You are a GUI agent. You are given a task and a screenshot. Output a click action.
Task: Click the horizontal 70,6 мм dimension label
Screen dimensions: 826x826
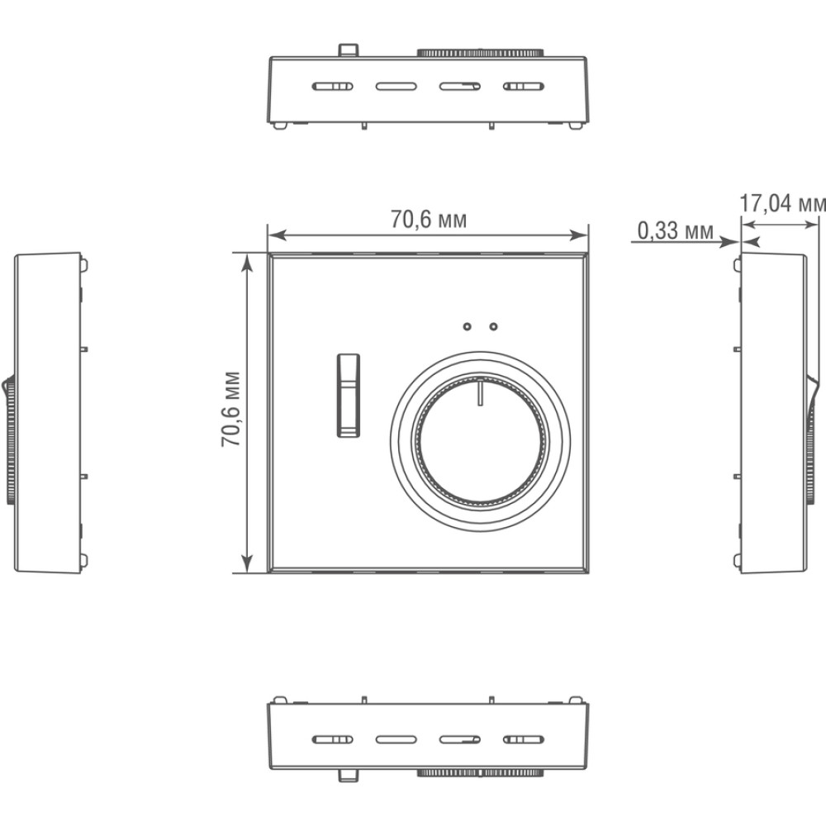[x=428, y=219]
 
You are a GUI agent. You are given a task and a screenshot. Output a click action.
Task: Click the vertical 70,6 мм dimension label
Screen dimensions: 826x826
[x=230, y=410]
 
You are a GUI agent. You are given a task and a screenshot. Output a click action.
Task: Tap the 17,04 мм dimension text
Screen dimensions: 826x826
[x=782, y=203]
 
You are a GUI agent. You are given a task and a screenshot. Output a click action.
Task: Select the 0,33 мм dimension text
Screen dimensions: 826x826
[x=676, y=230]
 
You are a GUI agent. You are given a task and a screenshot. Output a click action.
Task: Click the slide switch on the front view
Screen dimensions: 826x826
[x=349, y=395]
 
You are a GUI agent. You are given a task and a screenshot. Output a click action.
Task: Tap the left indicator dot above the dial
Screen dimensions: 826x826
[x=467, y=326]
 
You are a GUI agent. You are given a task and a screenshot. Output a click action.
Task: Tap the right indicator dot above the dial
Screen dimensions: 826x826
[x=494, y=326]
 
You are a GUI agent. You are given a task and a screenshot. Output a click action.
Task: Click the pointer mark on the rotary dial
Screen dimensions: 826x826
[x=480, y=393]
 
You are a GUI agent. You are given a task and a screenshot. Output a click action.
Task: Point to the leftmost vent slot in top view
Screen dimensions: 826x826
[x=333, y=87]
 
